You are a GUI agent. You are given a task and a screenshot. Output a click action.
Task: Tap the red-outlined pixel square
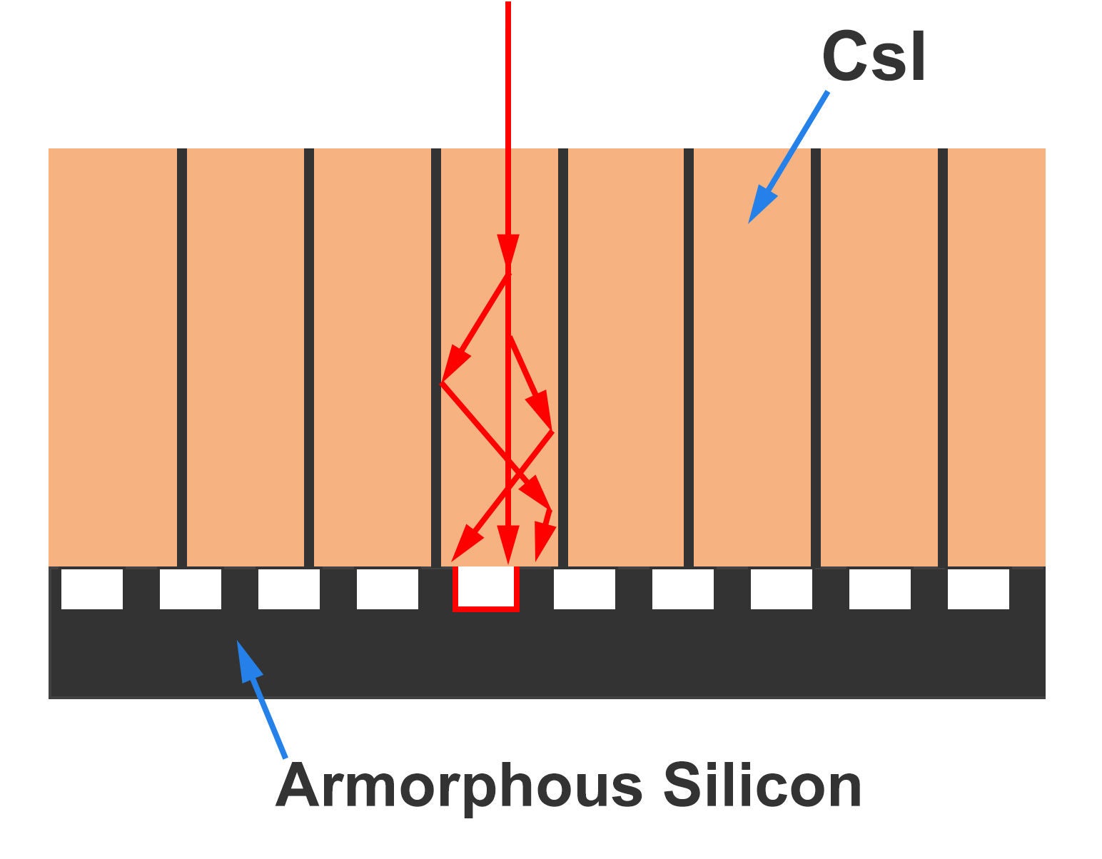tap(486, 589)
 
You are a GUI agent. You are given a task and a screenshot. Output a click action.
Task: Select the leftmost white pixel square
tap(92, 589)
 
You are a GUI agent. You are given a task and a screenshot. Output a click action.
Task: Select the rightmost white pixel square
tap(979, 589)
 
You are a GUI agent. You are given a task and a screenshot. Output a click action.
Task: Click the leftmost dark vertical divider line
tap(182, 357)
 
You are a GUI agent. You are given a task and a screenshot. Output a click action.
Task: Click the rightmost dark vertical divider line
tap(943, 357)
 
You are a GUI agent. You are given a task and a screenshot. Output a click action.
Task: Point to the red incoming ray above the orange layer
tap(508, 75)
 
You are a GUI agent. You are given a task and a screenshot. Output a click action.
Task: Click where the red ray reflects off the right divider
tap(552, 432)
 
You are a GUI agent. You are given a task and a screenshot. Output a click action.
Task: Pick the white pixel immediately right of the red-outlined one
tap(585, 589)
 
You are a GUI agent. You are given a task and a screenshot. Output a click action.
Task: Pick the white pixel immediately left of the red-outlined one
tap(388, 589)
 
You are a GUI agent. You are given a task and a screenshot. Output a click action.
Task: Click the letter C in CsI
tap(845, 56)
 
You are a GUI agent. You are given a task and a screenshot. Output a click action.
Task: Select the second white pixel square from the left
tap(190, 589)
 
